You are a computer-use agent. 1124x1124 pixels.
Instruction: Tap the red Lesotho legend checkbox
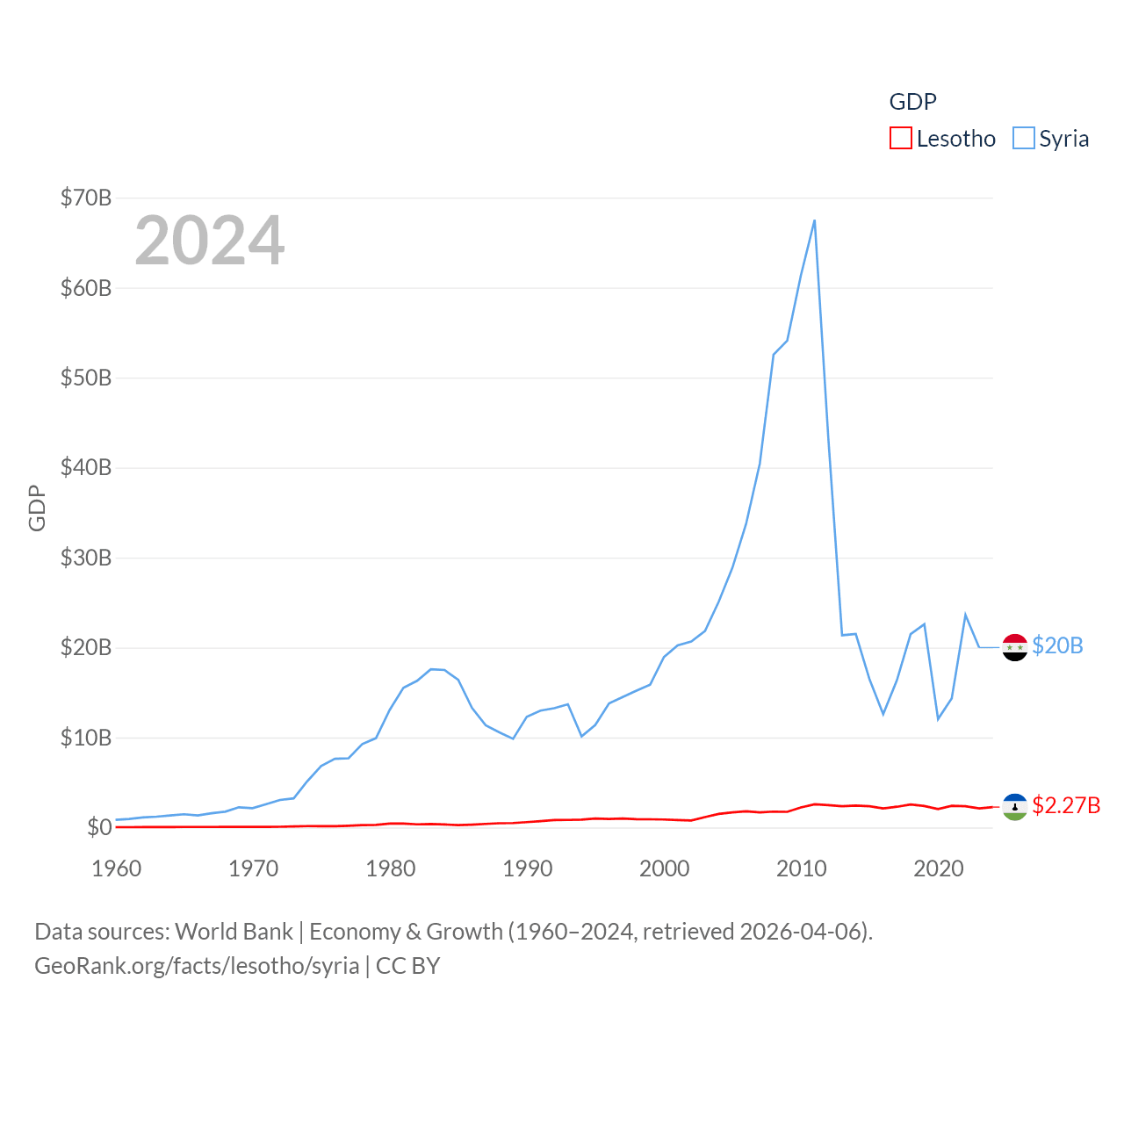point(901,139)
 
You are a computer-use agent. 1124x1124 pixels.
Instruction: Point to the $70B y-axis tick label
point(86,198)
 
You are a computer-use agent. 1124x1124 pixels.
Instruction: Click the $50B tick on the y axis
point(86,378)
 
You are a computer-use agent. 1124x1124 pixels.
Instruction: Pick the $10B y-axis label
point(86,738)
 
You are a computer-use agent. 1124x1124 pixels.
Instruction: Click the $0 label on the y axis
point(99,827)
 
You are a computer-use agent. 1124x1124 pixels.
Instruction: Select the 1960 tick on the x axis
point(117,868)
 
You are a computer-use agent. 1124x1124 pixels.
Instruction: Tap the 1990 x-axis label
point(528,868)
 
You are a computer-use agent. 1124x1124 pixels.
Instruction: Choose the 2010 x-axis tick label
point(802,868)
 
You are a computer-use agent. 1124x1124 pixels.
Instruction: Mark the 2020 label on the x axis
point(939,868)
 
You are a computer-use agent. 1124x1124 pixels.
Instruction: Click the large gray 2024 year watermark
point(210,241)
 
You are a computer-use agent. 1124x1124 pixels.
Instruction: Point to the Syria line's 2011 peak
point(815,220)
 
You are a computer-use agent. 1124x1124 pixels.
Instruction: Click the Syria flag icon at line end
point(1015,647)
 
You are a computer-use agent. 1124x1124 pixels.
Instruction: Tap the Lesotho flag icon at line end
point(1015,806)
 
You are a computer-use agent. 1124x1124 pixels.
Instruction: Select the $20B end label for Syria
point(1057,645)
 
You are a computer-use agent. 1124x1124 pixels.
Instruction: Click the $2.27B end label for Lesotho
point(1066,805)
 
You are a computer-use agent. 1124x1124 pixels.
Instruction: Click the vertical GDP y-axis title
point(37,508)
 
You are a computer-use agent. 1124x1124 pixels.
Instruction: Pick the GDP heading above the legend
point(913,102)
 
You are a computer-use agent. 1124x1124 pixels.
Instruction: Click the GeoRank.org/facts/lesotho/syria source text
point(197,966)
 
